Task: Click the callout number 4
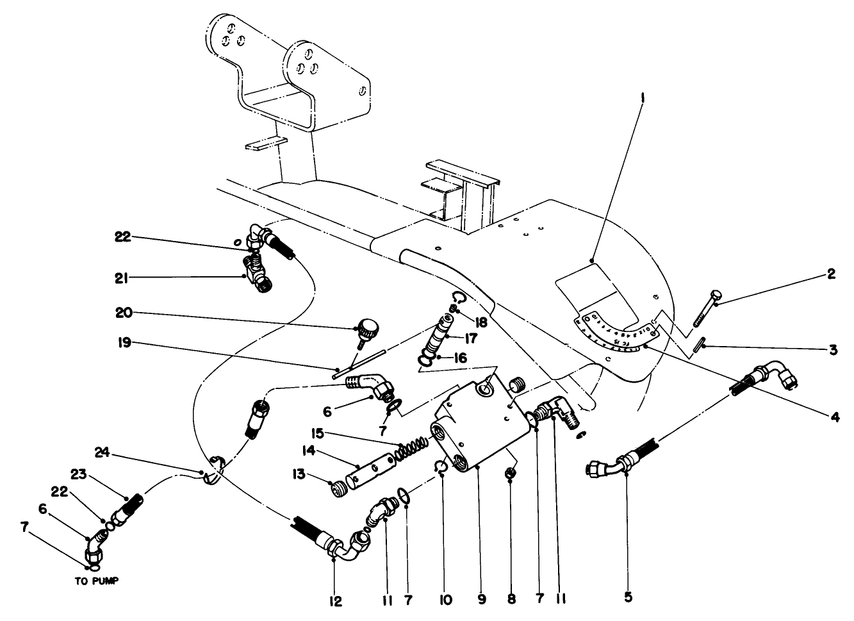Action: click(x=834, y=417)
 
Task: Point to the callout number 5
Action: click(x=628, y=597)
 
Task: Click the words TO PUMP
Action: click(x=94, y=582)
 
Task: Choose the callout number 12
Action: click(x=336, y=601)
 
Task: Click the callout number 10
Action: click(x=446, y=600)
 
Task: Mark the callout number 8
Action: click(x=510, y=600)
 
